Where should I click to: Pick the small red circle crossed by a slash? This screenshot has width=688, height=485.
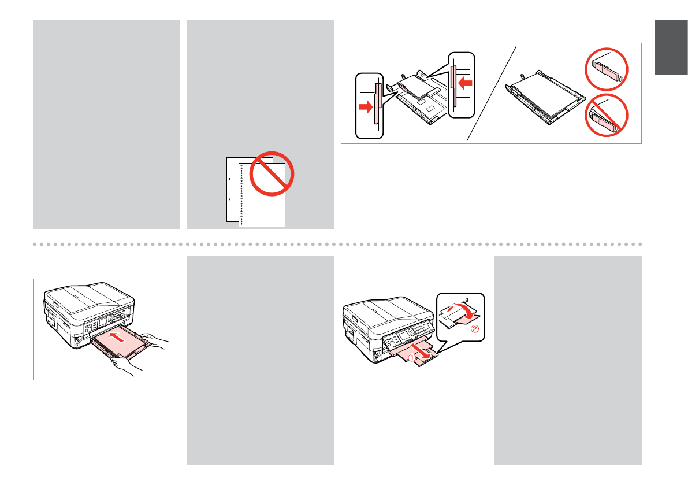pos(607,116)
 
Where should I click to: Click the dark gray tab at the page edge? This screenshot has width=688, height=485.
pos(671,48)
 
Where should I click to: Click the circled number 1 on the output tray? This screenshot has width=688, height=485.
pos(412,359)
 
